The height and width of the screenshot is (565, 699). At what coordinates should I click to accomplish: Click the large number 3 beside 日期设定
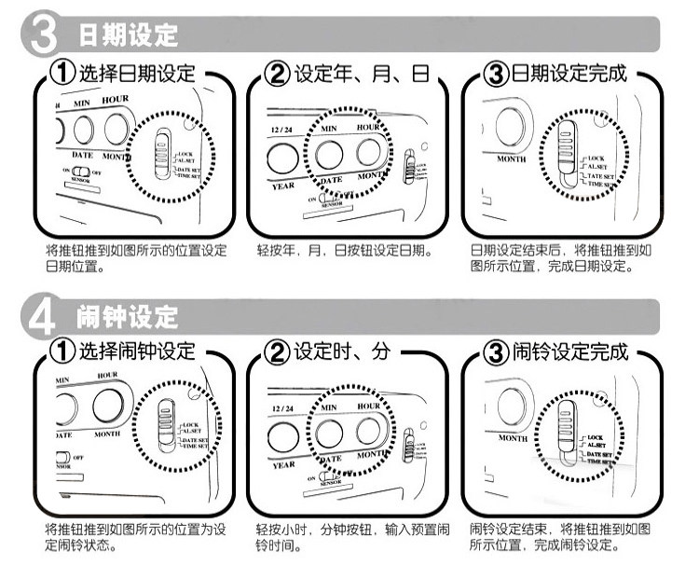pyautogui.click(x=40, y=35)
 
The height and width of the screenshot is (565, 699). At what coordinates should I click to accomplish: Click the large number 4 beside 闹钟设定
pyautogui.click(x=40, y=315)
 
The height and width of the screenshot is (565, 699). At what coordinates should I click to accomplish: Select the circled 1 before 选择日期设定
pyautogui.click(x=62, y=74)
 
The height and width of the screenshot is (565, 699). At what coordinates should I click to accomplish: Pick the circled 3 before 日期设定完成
pyautogui.click(x=495, y=74)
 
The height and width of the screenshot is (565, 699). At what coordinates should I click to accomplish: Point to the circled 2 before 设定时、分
pyautogui.click(x=278, y=352)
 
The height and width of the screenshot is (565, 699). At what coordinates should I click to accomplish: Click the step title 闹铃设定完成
pyautogui.click(x=569, y=352)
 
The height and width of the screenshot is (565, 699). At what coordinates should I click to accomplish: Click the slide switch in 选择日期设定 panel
pyautogui.click(x=162, y=152)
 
